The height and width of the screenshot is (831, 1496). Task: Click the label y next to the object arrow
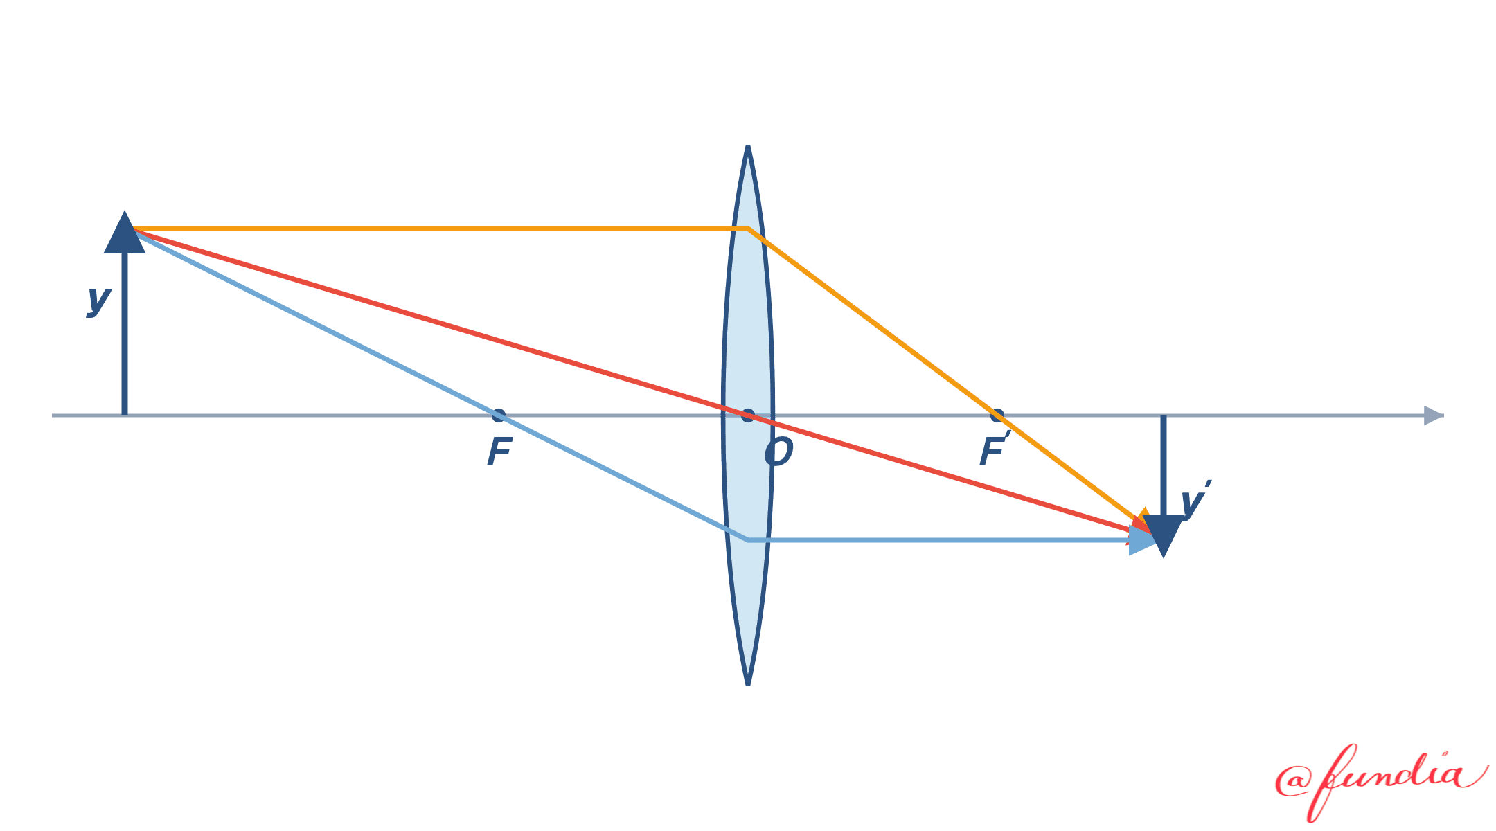(x=99, y=300)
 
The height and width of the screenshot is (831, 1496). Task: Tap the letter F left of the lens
(x=499, y=452)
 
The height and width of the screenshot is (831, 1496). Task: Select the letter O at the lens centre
(x=778, y=452)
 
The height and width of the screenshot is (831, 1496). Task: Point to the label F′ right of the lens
(x=995, y=450)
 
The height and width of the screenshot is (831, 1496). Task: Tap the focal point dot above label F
(x=499, y=415)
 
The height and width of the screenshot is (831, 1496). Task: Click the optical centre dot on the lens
(x=748, y=415)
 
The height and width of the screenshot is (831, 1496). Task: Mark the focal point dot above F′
(x=997, y=415)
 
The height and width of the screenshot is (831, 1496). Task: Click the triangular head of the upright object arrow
(x=125, y=233)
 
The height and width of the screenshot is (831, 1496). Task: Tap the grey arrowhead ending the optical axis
(x=1433, y=415)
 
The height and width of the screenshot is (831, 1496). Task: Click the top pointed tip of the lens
(x=748, y=146)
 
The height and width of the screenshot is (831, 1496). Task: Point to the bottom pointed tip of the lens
(x=748, y=684)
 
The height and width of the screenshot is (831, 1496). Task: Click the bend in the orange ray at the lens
(x=748, y=228)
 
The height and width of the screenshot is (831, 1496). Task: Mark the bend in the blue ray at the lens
(x=748, y=539)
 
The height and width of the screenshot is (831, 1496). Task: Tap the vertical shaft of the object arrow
(x=125, y=334)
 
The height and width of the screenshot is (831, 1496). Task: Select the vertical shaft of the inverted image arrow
(x=1164, y=465)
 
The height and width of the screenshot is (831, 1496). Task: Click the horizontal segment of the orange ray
(x=440, y=228)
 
